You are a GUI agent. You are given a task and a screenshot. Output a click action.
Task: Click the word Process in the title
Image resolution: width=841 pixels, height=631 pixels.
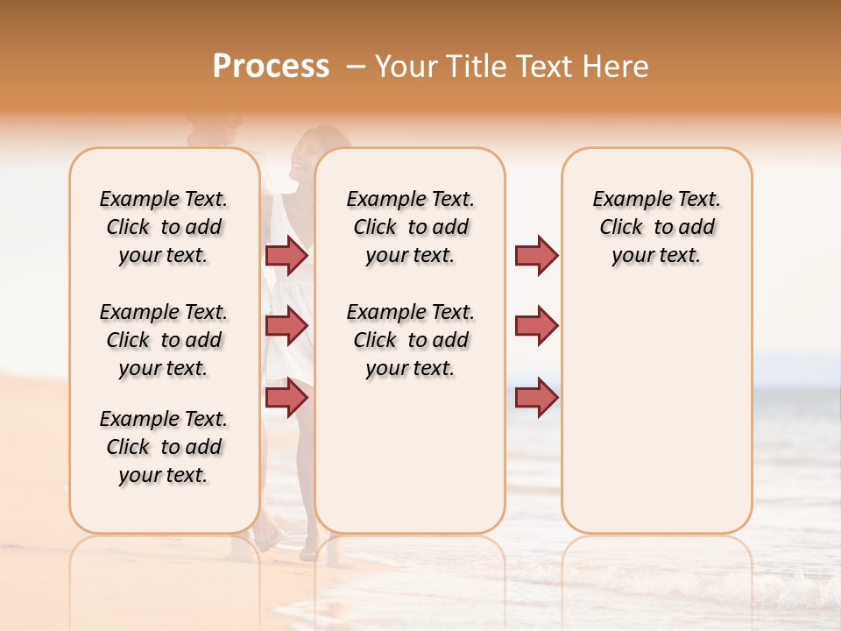point(271,67)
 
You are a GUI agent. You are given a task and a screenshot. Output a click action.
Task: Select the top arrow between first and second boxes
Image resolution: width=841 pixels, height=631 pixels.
point(286,255)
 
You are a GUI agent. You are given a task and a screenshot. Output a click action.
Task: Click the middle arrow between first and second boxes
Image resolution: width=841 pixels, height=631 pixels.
point(286,326)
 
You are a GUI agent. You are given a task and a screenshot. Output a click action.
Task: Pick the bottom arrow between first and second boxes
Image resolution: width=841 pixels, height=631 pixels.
point(286,397)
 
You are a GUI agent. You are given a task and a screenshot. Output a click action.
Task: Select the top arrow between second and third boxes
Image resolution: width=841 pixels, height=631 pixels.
point(536,255)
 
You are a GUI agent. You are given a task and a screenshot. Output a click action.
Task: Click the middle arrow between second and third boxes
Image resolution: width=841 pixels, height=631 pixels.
point(536,326)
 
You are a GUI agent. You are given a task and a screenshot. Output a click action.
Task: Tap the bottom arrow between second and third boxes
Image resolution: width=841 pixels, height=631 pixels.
point(536,397)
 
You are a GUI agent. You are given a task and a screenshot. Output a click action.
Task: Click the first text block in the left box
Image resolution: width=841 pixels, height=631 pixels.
point(164,227)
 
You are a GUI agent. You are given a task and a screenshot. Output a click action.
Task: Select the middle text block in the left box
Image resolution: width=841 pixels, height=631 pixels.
point(164,340)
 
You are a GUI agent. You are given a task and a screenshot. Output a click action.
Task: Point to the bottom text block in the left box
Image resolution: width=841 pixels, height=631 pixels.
point(164,447)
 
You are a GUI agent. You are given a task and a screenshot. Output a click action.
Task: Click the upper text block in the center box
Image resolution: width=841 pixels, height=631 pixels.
point(410,227)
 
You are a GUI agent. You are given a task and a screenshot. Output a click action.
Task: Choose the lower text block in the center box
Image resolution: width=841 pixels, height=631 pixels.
point(410,340)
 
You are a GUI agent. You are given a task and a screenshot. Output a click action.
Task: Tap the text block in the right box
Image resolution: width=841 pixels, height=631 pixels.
point(657,227)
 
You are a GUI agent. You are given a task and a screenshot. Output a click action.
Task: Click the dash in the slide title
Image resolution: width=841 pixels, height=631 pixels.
point(356,67)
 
